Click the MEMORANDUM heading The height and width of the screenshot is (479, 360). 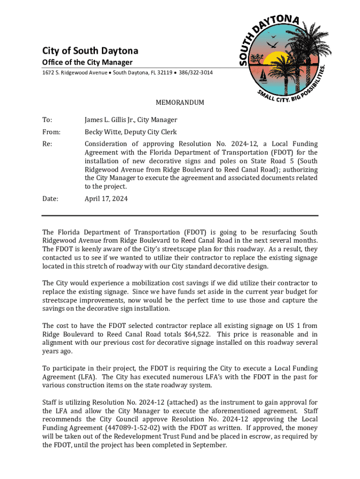click(x=180, y=103)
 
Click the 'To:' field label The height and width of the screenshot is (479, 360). click(x=48, y=120)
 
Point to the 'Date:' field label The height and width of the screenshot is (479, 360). click(x=50, y=198)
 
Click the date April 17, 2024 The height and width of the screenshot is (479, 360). click(x=106, y=198)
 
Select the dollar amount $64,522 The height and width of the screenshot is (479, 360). click(x=197, y=334)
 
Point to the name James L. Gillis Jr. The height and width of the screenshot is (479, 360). click(x=112, y=120)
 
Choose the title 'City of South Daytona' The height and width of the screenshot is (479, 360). click(x=90, y=51)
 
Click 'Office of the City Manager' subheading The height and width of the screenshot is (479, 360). click(x=87, y=63)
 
